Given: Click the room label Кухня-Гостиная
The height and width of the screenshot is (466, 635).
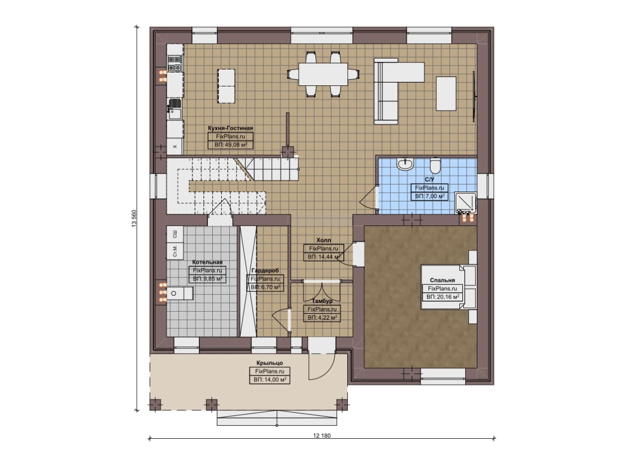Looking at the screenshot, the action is [230, 128].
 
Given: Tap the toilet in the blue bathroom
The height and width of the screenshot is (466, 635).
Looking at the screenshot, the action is [435, 166].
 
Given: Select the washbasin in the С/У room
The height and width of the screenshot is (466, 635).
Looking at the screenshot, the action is [406, 164].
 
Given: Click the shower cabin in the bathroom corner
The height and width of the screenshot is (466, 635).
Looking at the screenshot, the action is [465, 203].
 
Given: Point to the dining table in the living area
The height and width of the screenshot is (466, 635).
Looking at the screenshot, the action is [323, 74].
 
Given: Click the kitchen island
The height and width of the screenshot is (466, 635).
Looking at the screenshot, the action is [226, 86].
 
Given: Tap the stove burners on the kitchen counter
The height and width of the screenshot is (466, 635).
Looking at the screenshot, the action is [175, 64].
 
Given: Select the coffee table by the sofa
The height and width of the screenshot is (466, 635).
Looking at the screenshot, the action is [446, 94].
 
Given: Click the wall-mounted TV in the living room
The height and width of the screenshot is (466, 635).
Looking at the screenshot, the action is [474, 96].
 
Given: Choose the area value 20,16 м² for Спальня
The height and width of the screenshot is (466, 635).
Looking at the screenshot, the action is [443, 297].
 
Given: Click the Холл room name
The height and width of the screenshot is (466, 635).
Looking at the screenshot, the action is [323, 240].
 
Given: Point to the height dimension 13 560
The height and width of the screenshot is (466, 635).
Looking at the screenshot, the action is [134, 218].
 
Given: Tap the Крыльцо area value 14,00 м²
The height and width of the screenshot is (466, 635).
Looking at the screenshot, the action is [269, 380].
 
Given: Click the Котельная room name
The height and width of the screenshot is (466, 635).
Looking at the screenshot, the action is [207, 262].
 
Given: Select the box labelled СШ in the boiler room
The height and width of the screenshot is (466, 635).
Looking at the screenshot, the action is [175, 234].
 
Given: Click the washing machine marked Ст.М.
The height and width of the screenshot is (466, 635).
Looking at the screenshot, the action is [175, 251].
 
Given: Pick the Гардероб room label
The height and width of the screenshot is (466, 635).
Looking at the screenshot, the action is [265, 270].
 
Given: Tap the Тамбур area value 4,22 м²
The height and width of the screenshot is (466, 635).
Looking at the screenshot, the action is [322, 318].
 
